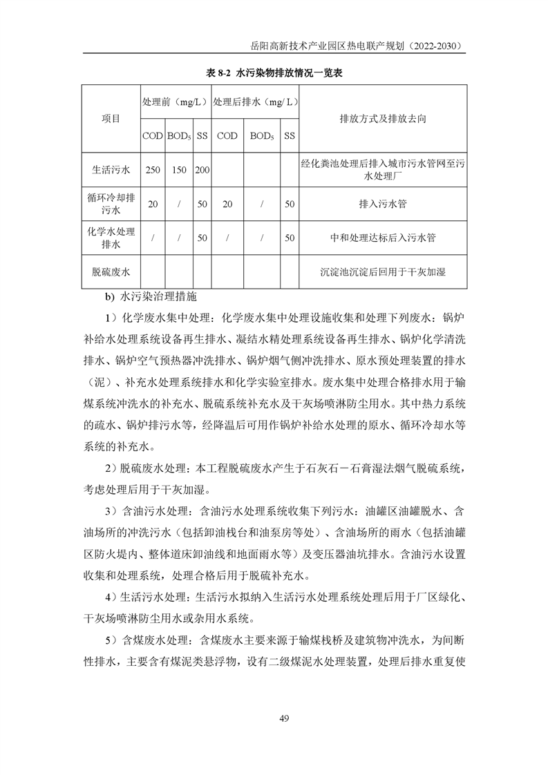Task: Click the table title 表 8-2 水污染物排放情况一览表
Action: pos(274,71)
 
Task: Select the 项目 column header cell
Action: pos(111,118)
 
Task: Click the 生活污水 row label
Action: pos(111,169)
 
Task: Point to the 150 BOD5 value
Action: pos(178,169)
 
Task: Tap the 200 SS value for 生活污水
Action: pos(202,169)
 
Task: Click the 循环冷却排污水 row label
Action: pos(111,204)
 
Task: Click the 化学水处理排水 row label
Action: pos(111,238)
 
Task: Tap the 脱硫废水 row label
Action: pos(111,271)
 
